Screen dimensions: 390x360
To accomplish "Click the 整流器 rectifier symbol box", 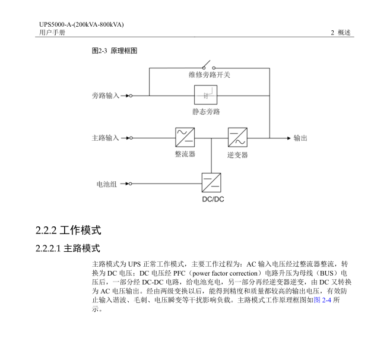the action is click(x=185, y=137).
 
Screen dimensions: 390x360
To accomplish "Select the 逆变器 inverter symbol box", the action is click(x=237, y=137).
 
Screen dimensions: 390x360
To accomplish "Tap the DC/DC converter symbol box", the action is click(x=211, y=183).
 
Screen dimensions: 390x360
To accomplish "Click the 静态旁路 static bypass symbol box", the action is click(x=205, y=94).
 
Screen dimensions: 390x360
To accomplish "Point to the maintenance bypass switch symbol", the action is click(x=209, y=65).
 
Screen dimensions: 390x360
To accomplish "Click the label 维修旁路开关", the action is click(x=209, y=75).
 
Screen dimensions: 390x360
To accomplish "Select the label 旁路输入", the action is click(x=106, y=96).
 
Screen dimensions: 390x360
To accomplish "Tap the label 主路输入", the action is click(x=106, y=138).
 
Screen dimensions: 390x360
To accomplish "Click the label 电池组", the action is click(x=107, y=184).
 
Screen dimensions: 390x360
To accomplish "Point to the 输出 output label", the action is click(x=300, y=138).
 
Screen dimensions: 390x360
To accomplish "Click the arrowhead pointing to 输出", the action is click(x=288, y=138).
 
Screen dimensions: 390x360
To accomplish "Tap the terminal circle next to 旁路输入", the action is click(x=131, y=96).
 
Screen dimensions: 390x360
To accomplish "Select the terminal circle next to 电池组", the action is click(x=131, y=184).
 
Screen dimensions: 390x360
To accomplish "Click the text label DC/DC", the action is click(x=213, y=199).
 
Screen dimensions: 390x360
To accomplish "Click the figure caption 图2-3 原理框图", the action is click(x=115, y=50).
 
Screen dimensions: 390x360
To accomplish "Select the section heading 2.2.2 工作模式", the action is click(x=68, y=230).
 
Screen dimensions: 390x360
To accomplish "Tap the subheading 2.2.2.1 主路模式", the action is click(x=68, y=248).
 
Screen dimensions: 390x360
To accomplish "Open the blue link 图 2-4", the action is click(x=322, y=300).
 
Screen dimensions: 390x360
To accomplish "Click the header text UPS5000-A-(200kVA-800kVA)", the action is click(x=81, y=24).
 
